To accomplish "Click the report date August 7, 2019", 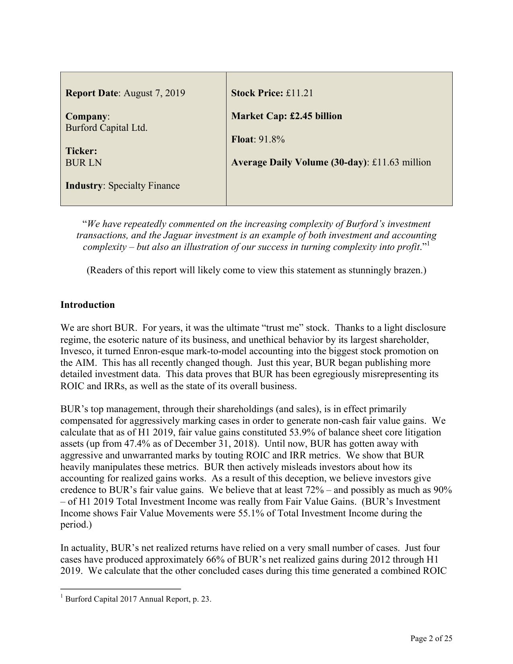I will click(154, 93).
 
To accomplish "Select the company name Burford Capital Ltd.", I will click(107, 128).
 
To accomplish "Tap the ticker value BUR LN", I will click(84, 163).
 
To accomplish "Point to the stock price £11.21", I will click(300, 93).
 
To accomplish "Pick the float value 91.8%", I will click(272, 140).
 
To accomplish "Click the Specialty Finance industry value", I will click(144, 186).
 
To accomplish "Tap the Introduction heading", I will click(87, 305).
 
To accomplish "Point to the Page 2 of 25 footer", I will click(431, 639).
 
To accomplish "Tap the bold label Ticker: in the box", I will click(81, 151).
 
